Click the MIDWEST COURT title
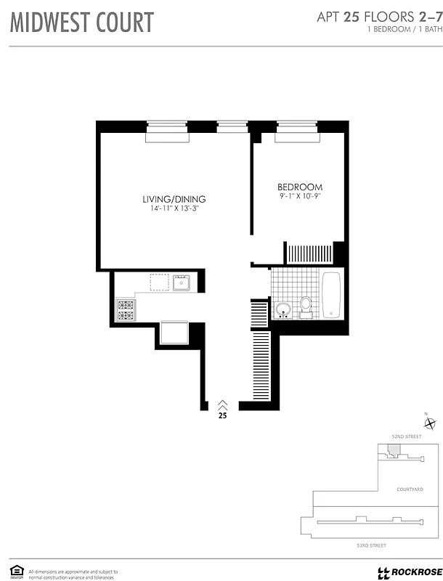pyautogui.click(x=81, y=23)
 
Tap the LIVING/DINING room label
pyautogui.click(x=174, y=199)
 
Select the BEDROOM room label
pyautogui.click(x=300, y=187)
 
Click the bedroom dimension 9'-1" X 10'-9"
pyautogui.click(x=300, y=196)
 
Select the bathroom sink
pyautogui.click(x=284, y=310)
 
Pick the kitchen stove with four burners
pyautogui.click(x=125, y=310)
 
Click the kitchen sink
pyautogui.click(x=181, y=282)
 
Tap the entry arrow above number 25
pyautogui.click(x=222, y=405)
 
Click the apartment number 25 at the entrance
pyautogui.click(x=222, y=417)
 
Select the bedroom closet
pyautogui.click(x=309, y=254)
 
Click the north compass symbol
pyautogui.click(x=430, y=423)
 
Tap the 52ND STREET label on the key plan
pyautogui.click(x=407, y=436)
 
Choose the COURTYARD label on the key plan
pyautogui.click(x=410, y=489)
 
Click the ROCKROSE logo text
pyautogui.click(x=412, y=572)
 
